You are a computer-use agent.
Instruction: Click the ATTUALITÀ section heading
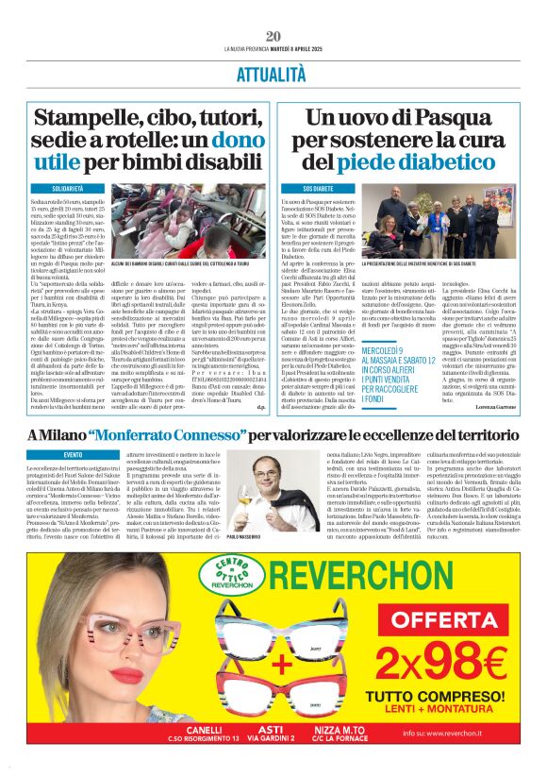(273, 71)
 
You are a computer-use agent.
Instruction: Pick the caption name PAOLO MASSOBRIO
(247, 534)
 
